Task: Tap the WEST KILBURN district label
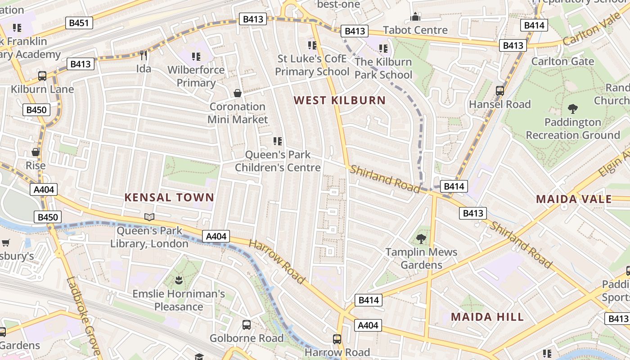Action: (340, 100)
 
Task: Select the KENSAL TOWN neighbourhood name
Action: (169, 197)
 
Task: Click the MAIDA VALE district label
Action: (574, 199)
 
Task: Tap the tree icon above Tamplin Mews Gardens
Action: (421, 239)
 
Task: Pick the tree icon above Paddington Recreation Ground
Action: (573, 108)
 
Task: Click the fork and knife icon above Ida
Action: (144, 55)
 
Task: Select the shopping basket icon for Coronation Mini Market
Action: (238, 93)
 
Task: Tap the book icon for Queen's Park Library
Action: (149, 217)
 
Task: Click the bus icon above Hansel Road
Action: (500, 90)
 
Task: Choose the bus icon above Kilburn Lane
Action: (42, 76)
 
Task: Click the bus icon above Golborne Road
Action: (247, 324)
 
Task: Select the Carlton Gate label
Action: (563, 61)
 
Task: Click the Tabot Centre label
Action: (415, 30)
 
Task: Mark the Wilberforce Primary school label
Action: (196, 76)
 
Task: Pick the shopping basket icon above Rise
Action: (36, 152)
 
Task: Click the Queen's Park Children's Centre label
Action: (278, 161)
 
